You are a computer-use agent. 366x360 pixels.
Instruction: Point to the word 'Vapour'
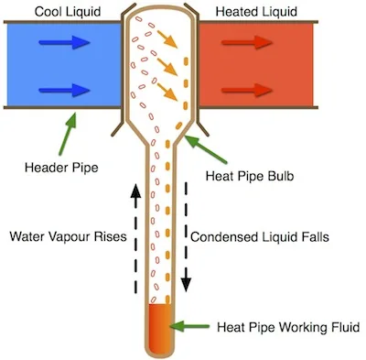pyautogui.click(x=69, y=235)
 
